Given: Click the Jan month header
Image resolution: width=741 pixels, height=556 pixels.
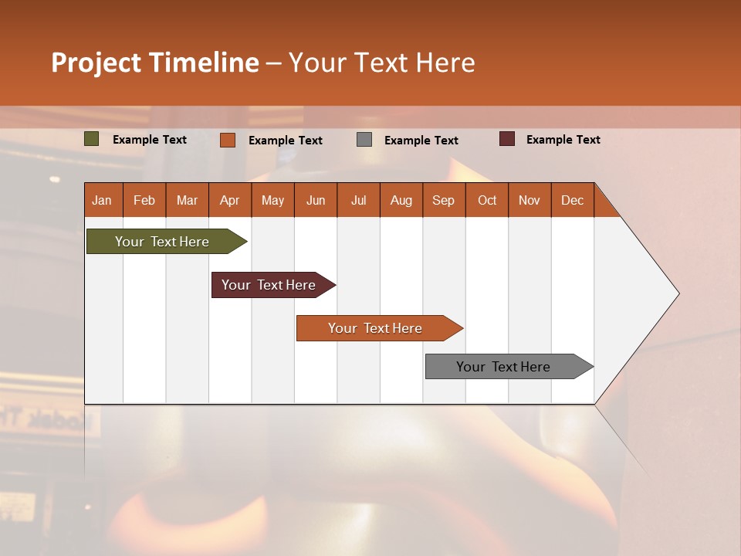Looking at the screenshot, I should click(x=102, y=200).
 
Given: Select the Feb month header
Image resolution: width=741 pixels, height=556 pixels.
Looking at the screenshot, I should click(x=144, y=200).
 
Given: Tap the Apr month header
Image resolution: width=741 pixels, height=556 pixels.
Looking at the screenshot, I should click(x=229, y=200).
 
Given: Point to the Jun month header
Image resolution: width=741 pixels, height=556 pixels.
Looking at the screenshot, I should click(x=316, y=200).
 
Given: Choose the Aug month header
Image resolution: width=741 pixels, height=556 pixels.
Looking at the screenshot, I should click(x=401, y=200).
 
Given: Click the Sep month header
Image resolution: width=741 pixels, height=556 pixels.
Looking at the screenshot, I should click(x=444, y=200).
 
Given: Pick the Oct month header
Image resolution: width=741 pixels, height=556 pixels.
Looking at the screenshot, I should click(x=487, y=200).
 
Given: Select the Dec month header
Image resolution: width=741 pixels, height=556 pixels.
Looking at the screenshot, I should click(x=573, y=200).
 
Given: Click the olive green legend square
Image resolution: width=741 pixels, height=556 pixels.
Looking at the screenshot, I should click(x=92, y=139).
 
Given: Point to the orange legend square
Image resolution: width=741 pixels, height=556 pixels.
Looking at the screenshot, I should click(x=228, y=140).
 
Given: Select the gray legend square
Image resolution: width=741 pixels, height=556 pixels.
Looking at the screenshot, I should click(x=364, y=140).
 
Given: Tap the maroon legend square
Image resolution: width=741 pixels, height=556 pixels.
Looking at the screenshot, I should click(x=507, y=139).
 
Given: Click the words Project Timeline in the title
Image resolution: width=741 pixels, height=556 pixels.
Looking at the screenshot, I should click(x=155, y=63).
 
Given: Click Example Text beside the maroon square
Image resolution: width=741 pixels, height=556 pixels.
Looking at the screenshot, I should click(x=563, y=140).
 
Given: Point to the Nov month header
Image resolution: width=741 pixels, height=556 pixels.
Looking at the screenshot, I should click(x=530, y=200).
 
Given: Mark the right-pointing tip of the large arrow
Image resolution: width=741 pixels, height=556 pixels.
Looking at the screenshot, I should click(x=677, y=293).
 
